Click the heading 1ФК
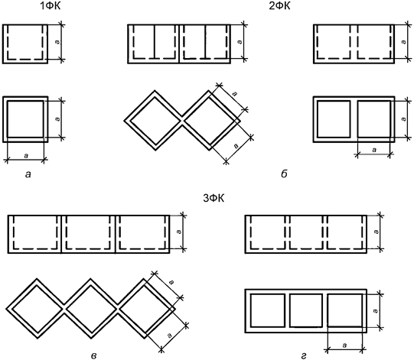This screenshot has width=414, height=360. (51, 6)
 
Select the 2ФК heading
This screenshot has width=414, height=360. (279, 6)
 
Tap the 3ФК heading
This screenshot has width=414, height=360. (214, 198)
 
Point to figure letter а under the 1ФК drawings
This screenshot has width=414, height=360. (28, 174)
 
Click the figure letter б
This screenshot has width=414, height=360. (284, 174)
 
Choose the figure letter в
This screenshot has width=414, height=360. (93, 356)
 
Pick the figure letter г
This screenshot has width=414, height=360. (304, 356)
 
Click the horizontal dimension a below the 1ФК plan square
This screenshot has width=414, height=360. (25, 159)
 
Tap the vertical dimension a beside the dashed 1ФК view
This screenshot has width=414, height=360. (61, 42)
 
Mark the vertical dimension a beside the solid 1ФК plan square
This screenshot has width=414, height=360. (61, 119)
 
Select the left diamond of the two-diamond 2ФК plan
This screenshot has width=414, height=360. (153, 121)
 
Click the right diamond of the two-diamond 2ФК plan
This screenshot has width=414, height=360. (211, 121)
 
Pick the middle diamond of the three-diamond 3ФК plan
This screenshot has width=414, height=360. (90, 308)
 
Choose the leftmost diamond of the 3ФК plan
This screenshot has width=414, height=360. (36, 308)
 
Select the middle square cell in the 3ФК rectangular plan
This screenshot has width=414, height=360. (306, 310)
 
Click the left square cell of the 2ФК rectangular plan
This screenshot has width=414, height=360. (334, 119)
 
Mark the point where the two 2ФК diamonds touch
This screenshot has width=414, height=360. (182, 121)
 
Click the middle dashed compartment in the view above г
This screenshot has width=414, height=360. (306, 232)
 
